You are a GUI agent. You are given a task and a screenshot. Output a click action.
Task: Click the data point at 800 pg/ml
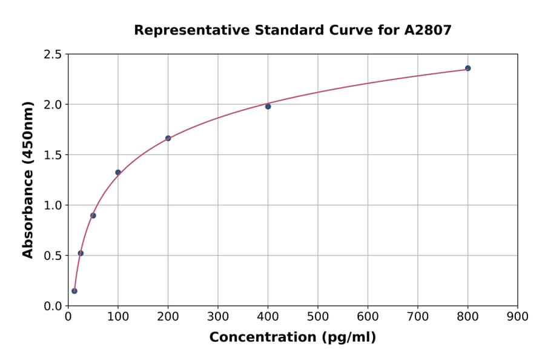(467, 68)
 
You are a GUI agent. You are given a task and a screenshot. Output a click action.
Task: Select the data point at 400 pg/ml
(268, 107)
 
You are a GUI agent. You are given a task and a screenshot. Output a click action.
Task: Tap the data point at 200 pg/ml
(168, 138)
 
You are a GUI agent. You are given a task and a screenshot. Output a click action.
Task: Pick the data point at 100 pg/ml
(118, 172)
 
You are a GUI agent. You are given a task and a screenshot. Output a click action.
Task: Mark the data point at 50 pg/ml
(93, 216)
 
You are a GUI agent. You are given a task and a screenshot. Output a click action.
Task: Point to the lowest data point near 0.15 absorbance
(74, 291)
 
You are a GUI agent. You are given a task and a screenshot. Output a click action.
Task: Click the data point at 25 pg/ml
(81, 253)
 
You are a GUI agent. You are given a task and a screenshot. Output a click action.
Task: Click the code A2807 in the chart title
(428, 30)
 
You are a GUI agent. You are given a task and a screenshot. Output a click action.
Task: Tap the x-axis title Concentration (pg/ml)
(292, 338)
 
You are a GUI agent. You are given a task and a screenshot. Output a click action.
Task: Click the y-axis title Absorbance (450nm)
(28, 179)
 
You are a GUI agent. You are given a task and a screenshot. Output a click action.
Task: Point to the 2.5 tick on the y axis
(52, 55)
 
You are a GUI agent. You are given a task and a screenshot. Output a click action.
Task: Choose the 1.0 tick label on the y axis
(52, 205)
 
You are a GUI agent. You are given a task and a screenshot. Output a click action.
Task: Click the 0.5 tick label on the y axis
(52, 256)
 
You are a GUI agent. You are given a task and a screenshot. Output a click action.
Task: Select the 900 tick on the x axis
(517, 316)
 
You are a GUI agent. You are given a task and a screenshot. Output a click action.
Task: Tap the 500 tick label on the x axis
(317, 316)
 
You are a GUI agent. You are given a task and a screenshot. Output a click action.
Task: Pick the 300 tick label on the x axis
(217, 316)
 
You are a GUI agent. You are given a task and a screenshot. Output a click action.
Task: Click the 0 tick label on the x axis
(68, 316)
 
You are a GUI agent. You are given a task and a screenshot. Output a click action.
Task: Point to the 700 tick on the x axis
(417, 316)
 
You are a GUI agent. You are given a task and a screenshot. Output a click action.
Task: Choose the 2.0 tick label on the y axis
(52, 105)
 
